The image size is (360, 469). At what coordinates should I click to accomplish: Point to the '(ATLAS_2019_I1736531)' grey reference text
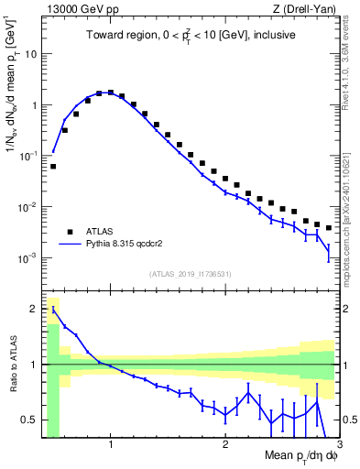[x=190, y=274]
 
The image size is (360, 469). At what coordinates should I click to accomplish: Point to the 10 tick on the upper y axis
[x=30, y=53]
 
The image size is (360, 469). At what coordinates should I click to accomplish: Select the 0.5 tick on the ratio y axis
[x=29, y=420]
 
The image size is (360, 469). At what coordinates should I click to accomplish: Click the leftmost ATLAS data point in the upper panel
[x=53, y=167]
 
